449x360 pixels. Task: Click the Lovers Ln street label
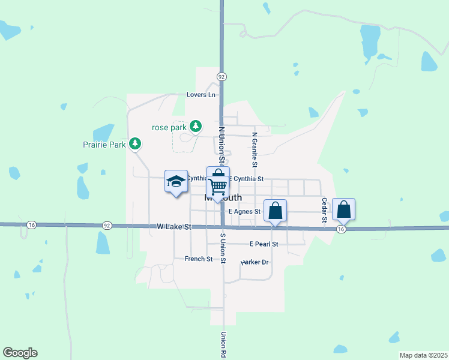(x=200, y=95)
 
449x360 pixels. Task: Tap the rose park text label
(x=169, y=127)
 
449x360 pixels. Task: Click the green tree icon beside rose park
(x=195, y=126)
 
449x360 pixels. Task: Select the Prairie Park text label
(x=104, y=145)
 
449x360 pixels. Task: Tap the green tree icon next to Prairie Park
(x=136, y=143)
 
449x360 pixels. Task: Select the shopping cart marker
(x=218, y=185)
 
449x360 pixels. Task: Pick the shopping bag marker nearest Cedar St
(x=343, y=210)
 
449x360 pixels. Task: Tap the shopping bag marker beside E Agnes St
(x=275, y=211)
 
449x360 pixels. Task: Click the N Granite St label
(x=255, y=150)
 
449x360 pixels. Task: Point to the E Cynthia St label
(x=246, y=179)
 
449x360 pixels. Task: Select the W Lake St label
(x=173, y=227)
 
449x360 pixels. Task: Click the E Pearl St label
(x=264, y=244)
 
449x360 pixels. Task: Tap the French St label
(x=199, y=259)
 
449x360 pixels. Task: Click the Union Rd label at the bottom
(x=223, y=345)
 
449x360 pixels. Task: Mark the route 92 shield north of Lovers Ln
(x=221, y=77)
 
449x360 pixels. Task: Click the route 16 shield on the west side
(x=32, y=225)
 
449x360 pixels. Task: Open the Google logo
(x=20, y=353)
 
